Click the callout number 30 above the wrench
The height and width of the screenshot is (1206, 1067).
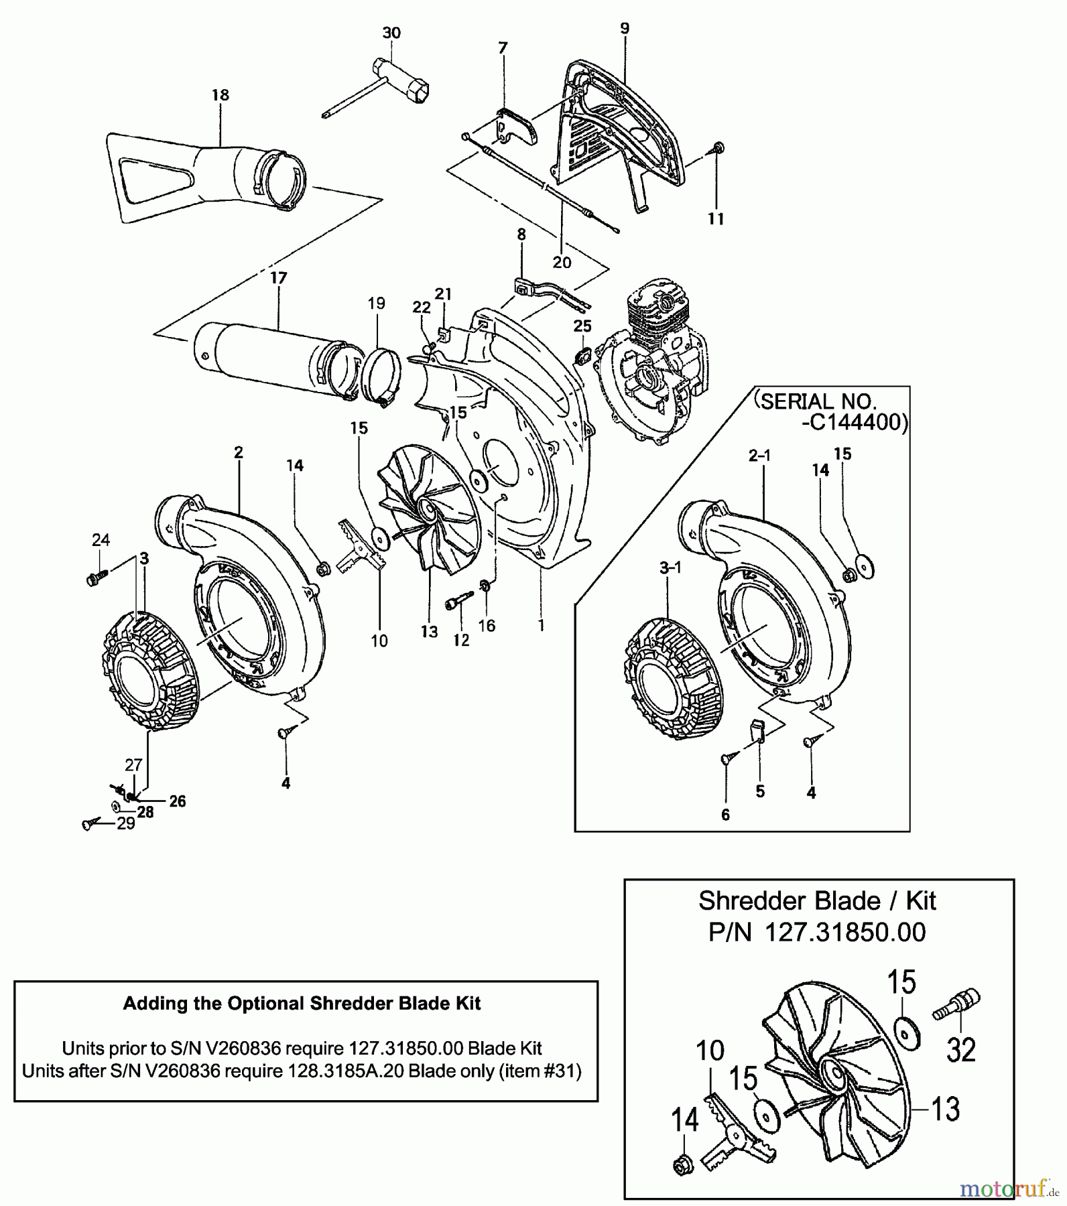click(x=391, y=33)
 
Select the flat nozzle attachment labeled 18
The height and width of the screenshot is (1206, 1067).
click(x=201, y=174)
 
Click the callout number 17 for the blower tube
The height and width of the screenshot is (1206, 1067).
click(x=278, y=277)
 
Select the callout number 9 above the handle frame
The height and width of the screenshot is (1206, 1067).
click(x=625, y=28)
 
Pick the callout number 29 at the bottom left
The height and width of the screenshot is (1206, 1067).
click(x=126, y=823)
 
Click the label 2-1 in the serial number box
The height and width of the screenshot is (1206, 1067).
click(x=759, y=456)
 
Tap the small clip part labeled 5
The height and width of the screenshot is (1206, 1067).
click(x=757, y=729)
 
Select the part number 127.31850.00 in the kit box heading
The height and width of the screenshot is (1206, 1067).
click(x=841, y=932)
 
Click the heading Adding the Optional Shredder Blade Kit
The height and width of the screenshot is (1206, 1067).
click(x=302, y=1003)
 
